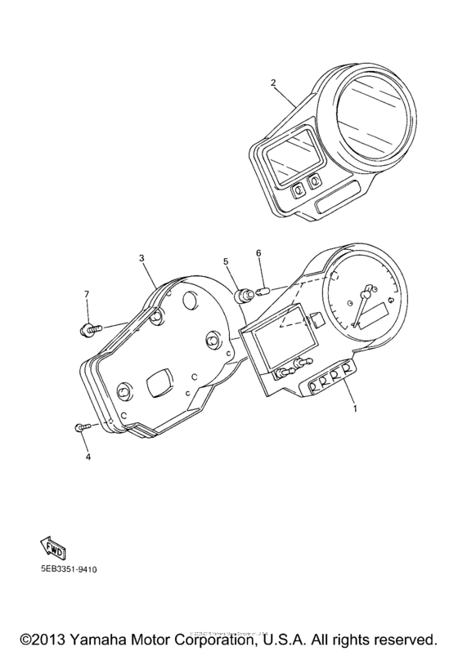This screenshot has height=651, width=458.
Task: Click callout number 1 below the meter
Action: click(354, 406)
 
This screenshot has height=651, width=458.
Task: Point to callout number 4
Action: click(88, 457)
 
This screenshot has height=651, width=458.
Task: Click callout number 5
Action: click(226, 261)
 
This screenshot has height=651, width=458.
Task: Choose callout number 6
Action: click(258, 253)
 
